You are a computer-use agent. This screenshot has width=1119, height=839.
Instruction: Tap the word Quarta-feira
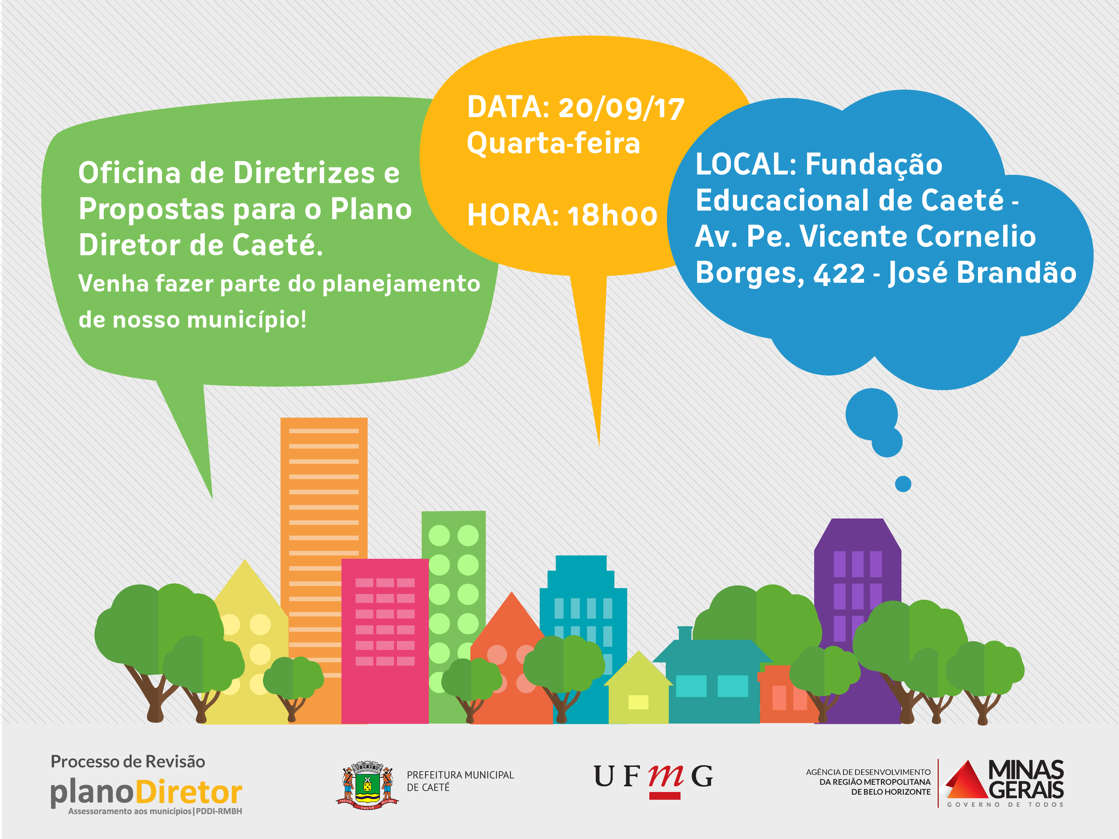click(553, 143)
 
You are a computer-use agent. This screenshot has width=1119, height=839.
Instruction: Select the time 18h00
click(612, 215)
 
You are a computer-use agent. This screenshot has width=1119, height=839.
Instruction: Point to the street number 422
click(839, 274)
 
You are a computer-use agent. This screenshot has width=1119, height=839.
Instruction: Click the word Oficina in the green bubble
click(130, 172)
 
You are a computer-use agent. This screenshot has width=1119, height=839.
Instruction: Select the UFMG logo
click(653, 779)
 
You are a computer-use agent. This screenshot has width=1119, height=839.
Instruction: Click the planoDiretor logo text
click(146, 792)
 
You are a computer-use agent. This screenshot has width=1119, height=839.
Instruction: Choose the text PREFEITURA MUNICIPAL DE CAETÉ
click(460, 781)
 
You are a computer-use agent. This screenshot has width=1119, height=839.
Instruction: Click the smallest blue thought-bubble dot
click(903, 484)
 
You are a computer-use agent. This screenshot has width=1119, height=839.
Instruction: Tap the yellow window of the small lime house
click(639, 702)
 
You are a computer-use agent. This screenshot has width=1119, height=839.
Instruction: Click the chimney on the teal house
click(685, 633)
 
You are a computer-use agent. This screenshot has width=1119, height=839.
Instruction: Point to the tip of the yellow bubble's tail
click(599, 446)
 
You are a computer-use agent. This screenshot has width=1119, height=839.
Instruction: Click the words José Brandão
click(982, 273)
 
